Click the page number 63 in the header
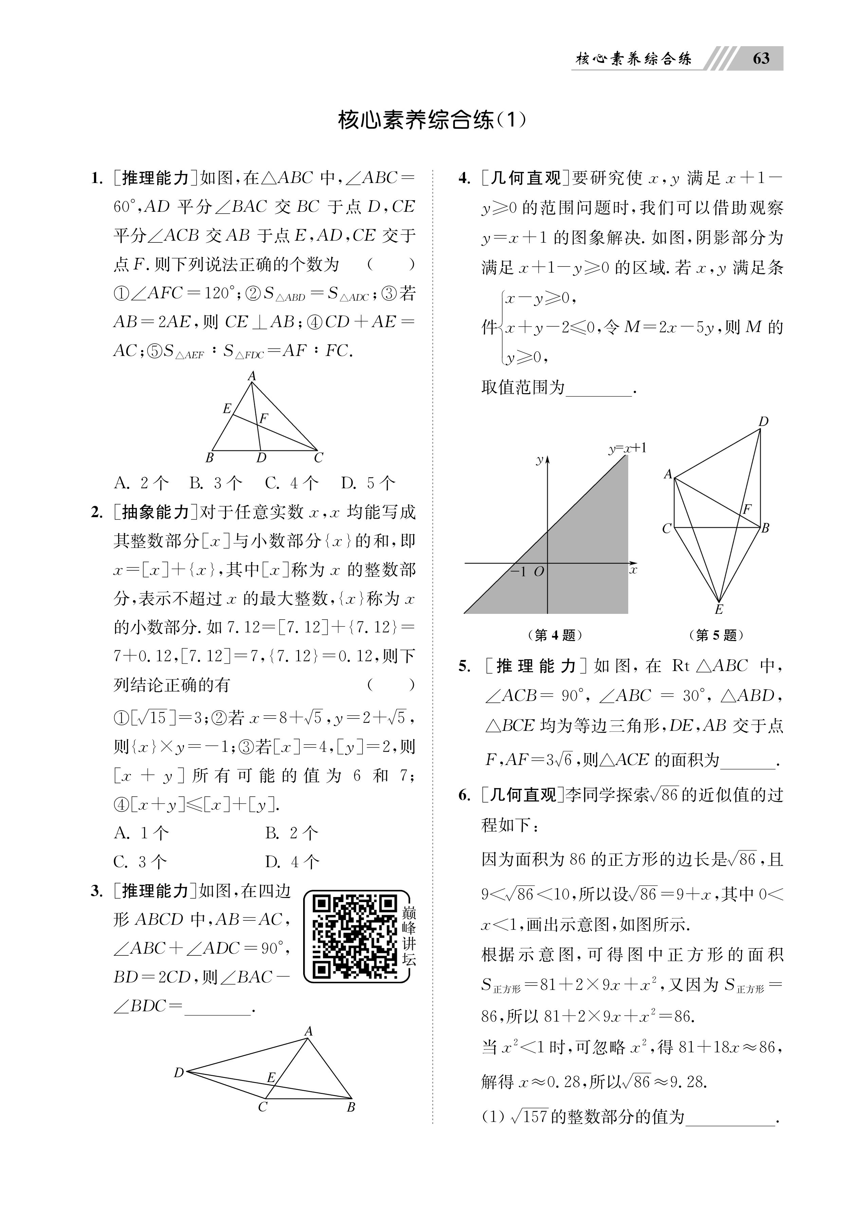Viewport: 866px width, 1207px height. (761, 58)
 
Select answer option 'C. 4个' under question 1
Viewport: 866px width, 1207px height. (292, 483)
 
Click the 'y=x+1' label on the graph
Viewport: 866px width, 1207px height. (628, 448)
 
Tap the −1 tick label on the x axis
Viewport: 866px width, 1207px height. (518, 571)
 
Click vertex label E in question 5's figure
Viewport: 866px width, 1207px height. (719, 610)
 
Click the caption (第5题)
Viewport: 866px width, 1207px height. (716, 635)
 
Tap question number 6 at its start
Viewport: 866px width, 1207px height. (464, 795)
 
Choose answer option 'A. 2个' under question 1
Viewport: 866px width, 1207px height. (141, 483)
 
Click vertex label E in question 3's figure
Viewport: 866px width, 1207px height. (271, 1078)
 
